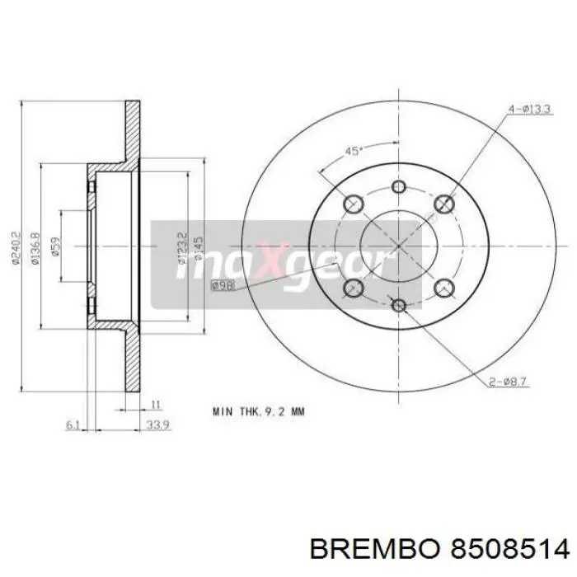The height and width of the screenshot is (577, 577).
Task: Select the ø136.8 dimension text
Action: coord(35,248)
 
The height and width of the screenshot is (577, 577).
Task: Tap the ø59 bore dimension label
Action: coord(57,248)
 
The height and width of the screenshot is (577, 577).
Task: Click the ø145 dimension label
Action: coord(199,245)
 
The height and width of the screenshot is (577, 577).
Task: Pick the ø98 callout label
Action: coord(222,285)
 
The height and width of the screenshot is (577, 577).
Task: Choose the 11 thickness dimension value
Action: coord(155,404)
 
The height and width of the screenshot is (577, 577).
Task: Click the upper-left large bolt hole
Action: coord(354,204)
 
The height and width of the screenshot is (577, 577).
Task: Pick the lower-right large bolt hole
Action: coord(445,288)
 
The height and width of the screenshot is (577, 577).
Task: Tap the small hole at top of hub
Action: coord(400,186)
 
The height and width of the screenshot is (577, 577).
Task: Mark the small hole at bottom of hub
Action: coord(400,306)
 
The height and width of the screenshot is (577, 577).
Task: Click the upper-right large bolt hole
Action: coord(445,204)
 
